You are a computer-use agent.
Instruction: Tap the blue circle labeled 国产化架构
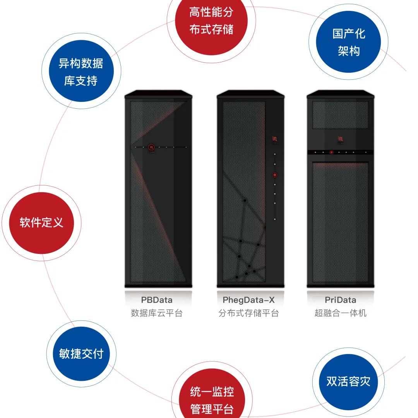pyautogui.click(x=348, y=42)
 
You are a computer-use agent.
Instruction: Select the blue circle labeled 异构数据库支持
pyautogui.click(x=81, y=72)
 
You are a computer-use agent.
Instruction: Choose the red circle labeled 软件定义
pyautogui.click(x=41, y=223)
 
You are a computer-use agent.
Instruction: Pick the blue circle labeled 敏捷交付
pyautogui.click(x=81, y=354)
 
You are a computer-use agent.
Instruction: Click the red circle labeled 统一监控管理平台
pyautogui.click(x=212, y=399)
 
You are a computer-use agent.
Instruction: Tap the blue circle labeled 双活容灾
pyautogui.click(x=348, y=381)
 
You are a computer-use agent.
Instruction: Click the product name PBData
pyautogui.click(x=157, y=300)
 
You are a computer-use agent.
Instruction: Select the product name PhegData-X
pyautogui.click(x=248, y=300)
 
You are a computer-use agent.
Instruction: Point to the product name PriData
pyautogui.click(x=340, y=300)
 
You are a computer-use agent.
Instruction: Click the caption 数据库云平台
pyautogui.click(x=157, y=313)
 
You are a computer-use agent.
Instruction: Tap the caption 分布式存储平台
pyautogui.click(x=248, y=313)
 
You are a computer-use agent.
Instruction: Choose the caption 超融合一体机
pyautogui.click(x=340, y=313)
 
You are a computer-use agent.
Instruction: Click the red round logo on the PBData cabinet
pyautogui.click(x=152, y=147)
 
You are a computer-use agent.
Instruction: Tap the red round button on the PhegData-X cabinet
pyautogui.click(x=275, y=175)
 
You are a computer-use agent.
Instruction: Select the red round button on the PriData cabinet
pyautogui.click(x=331, y=152)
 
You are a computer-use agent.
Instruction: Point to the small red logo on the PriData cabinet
pyautogui.click(x=341, y=139)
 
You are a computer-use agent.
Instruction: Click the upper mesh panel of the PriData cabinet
pyautogui.click(x=340, y=115)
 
